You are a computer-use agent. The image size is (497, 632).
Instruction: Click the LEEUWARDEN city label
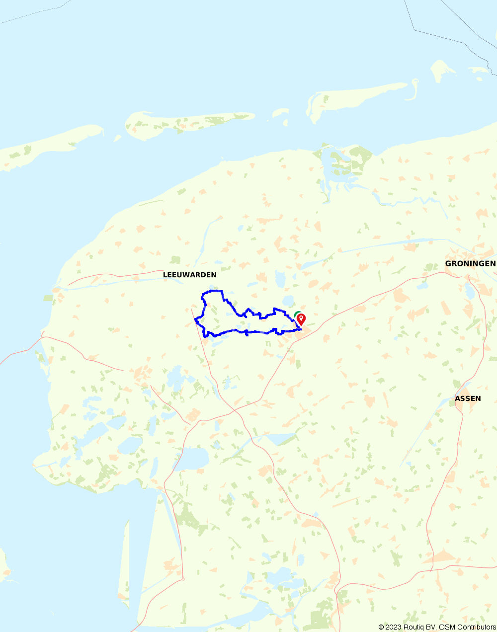pos(189,275)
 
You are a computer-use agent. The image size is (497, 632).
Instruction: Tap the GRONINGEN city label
pos(470,263)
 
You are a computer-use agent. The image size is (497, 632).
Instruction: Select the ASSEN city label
pos(468,398)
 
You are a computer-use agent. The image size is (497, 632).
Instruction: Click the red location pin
pos(301,319)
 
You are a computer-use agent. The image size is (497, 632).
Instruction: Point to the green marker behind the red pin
pos(297,314)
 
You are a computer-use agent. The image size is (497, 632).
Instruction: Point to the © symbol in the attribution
pos(381,627)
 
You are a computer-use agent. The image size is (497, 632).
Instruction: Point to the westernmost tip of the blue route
pos(195,320)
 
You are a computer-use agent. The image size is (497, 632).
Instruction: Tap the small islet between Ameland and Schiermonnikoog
pos(280,114)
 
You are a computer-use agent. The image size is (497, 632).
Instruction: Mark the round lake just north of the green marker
pos(288,301)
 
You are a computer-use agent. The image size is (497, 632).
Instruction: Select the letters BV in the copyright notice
pos(431,627)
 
